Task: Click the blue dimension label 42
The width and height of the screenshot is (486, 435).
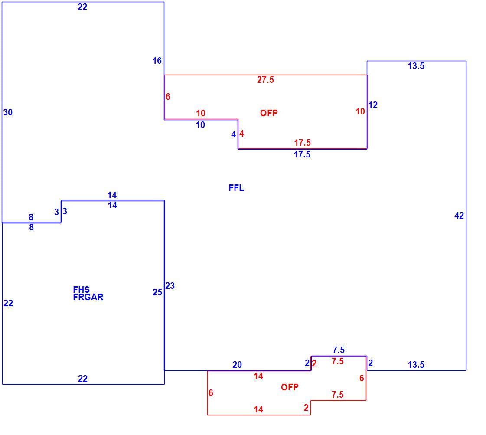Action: tap(459, 216)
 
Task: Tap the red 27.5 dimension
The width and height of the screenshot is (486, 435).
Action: tap(265, 80)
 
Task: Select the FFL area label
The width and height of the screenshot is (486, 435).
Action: tap(236, 188)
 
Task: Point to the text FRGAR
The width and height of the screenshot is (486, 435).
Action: tap(88, 297)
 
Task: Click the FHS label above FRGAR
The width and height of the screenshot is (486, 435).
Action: tap(81, 290)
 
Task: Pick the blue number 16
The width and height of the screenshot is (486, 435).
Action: tap(157, 61)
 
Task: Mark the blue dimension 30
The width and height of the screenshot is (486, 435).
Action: tap(8, 112)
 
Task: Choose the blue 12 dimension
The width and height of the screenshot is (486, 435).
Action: tap(373, 105)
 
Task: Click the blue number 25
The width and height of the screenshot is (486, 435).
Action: tap(157, 292)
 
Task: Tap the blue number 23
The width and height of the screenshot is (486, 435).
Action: tap(170, 286)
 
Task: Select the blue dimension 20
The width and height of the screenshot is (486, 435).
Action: tap(237, 365)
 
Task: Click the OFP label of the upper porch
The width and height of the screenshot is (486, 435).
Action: tap(269, 113)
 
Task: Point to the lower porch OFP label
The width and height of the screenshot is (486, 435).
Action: tap(290, 387)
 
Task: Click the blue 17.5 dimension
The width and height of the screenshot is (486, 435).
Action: tap(302, 154)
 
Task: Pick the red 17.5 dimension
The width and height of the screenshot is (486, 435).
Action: tap(302, 143)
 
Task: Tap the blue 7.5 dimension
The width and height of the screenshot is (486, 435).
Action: tap(339, 350)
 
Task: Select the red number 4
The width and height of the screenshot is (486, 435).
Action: tap(241, 134)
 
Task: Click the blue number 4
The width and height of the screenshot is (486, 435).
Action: tap(233, 134)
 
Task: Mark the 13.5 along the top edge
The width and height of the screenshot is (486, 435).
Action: tap(416, 66)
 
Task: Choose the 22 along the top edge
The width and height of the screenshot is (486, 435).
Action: tap(82, 7)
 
